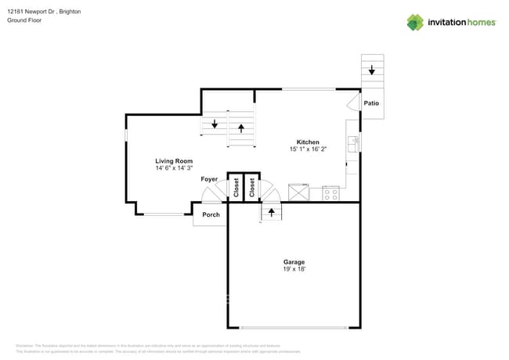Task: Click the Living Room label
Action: pyautogui.click(x=174, y=161)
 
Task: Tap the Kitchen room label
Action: pyautogui.click(x=308, y=142)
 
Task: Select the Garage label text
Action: pyautogui.click(x=294, y=262)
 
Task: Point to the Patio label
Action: pyautogui.click(x=371, y=103)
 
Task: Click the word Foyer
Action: pyautogui.click(x=209, y=179)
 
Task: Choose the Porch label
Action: pyautogui.click(x=211, y=214)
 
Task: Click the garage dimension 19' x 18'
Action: pyautogui.click(x=294, y=269)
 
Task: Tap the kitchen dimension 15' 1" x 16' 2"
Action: pyautogui.click(x=309, y=149)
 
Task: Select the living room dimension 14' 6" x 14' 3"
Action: pyautogui.click(x=174, y=168)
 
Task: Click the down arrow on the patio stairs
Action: pyautogui.click(x=372, y=71)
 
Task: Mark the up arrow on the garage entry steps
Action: pyautogui.click(x=271, y=211)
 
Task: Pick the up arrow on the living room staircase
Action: pyautogui.click(x=241, y=126)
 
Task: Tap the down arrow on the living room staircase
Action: pyautogui.click(x=215, y=124)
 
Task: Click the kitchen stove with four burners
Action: pyautogui.click(x=330, y=193)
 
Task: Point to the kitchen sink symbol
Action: pyautogui.click(x=354, y=143)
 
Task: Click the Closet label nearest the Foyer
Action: pyautogui.click(x=236, y=188)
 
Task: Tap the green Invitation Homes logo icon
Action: pyautogui.click(x=415, y=23)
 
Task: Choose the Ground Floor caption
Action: pyautogui.click(x=23, y=20)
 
